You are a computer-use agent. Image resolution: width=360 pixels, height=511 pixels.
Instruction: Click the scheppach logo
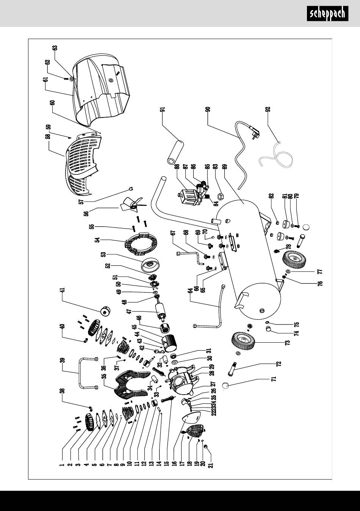coord(327,14)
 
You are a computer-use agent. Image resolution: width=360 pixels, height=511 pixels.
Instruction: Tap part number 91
coord(163,109)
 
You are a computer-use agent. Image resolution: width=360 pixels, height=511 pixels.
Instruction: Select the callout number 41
coord(63,290)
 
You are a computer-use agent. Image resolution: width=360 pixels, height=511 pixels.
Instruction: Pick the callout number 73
coord(288,343)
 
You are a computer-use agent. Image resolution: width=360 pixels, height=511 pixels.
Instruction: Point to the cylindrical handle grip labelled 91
coord(175,152)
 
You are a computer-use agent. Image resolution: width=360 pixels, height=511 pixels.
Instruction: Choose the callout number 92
coord(268,109)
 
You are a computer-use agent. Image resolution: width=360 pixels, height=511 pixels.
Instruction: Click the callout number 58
coord(48,136)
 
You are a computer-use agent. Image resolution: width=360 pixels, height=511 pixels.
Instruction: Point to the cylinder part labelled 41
coord(105,311)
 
